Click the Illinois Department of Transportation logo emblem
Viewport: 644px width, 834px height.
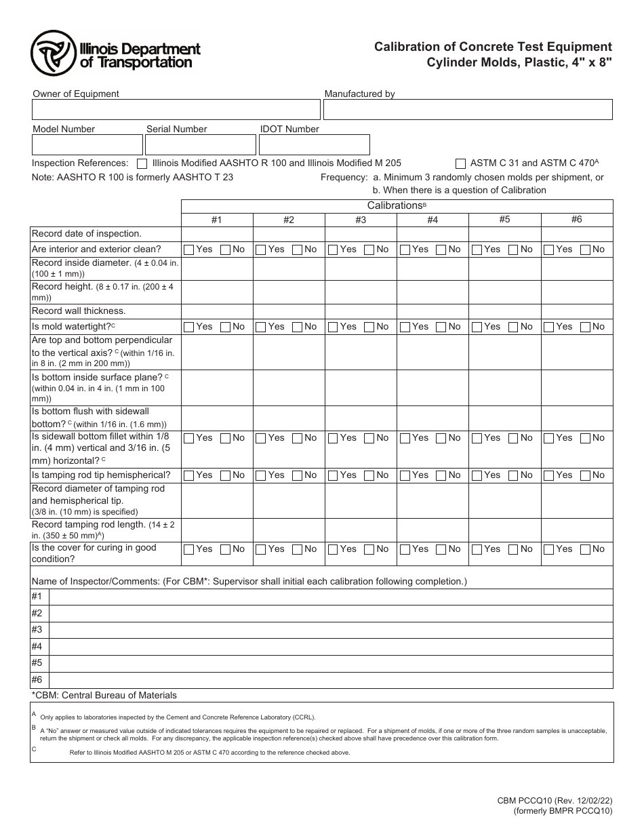(x=52, y=53)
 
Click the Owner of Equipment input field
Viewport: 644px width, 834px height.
(x=176, y=110)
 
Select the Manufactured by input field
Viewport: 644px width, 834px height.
(x=468, y=110)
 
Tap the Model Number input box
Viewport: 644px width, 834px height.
(x=87, y=144)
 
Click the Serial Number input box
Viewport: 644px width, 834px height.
(x=200, y=144)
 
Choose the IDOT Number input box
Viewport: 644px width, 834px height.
(x=315, y=144)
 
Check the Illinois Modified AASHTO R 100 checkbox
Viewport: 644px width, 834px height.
(x=142, y=163)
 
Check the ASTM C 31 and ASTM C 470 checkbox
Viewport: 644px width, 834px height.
(x=461, y=163)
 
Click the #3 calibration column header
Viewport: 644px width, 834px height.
(x=361, y=220)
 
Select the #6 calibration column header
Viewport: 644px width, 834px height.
(x=576, y=220)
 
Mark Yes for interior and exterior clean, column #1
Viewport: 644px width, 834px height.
(x=189, y=250)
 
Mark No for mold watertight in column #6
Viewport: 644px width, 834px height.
(x=586, y=327)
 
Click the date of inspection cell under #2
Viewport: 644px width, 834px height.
(x=289, y=234)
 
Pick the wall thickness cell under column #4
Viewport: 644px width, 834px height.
(x=432, y=311)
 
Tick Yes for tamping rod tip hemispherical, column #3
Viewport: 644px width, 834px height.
(x=333, y=475)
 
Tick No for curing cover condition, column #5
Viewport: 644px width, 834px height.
(x=514, y=549)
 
